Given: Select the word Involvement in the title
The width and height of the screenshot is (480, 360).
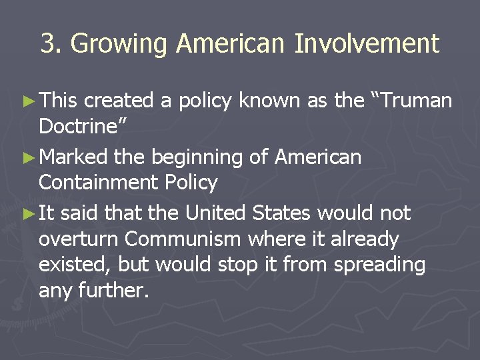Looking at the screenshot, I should (x=367, y=44).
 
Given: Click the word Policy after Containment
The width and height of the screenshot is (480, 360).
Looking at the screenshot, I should (x=193, y=183).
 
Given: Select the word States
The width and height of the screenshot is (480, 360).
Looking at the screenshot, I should (x=281, y=213).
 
